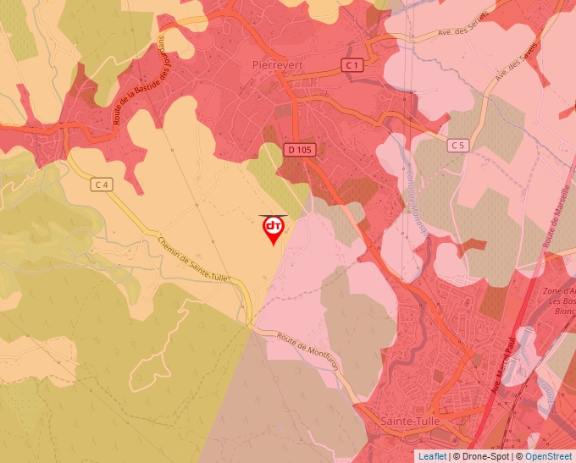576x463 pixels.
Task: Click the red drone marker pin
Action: (x=274, y=230)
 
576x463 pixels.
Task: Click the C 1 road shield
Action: (x=352, y=65)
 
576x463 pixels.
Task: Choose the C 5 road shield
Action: (x=458, y=146)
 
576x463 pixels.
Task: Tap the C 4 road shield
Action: (x=102, y=184)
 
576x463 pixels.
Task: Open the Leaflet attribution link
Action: (x=432, y=456)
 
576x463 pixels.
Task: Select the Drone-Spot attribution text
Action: (x=485, y=456)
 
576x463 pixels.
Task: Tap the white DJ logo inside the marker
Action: (x=274, y=226)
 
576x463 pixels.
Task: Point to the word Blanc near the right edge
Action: (x=562, y=311)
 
